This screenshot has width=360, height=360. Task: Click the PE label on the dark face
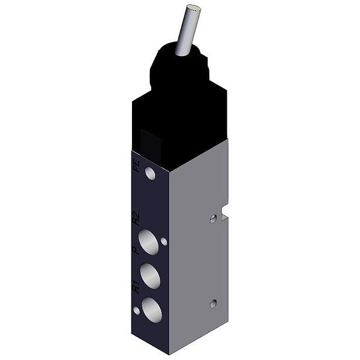click(137, 166)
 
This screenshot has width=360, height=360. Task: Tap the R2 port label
click(137, 218)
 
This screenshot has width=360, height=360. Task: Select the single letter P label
click(137, 250)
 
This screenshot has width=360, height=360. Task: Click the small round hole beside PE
click(150, 173)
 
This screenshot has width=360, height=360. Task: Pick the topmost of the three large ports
click(149, 242)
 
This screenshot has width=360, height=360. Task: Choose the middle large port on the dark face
click(151, 276)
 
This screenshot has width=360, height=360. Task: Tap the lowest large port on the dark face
click(152, 310)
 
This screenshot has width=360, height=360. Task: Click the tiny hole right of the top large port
click(164, 242)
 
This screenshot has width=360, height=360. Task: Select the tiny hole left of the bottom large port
click(137, 311)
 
